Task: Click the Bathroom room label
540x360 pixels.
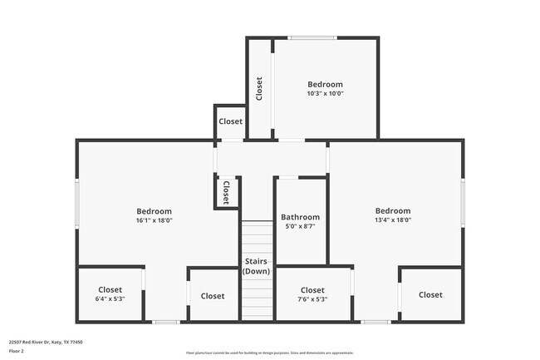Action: coord(299,217)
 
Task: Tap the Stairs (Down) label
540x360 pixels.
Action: coord(257,266)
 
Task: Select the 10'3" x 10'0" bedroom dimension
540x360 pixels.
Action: coord(325,94)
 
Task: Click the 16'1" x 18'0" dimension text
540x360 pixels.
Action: coord(154,220)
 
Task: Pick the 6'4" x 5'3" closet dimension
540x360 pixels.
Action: coord(110,299)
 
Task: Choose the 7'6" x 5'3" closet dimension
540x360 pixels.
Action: coord(312,299)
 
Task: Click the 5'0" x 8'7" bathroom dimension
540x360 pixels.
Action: coord(299,226)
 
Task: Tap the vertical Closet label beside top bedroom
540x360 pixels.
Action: coord(259,88)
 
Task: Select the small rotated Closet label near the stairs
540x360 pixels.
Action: coord(225,192)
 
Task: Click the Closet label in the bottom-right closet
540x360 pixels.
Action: coord(430,294)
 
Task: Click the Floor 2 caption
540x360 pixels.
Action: coord(17,351)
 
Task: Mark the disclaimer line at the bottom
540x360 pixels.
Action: coord(270,353)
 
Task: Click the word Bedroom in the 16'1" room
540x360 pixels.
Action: coord(154,211)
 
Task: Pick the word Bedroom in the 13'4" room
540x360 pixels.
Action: coord(392,211)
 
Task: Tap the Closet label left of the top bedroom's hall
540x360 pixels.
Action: coord(230,121)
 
